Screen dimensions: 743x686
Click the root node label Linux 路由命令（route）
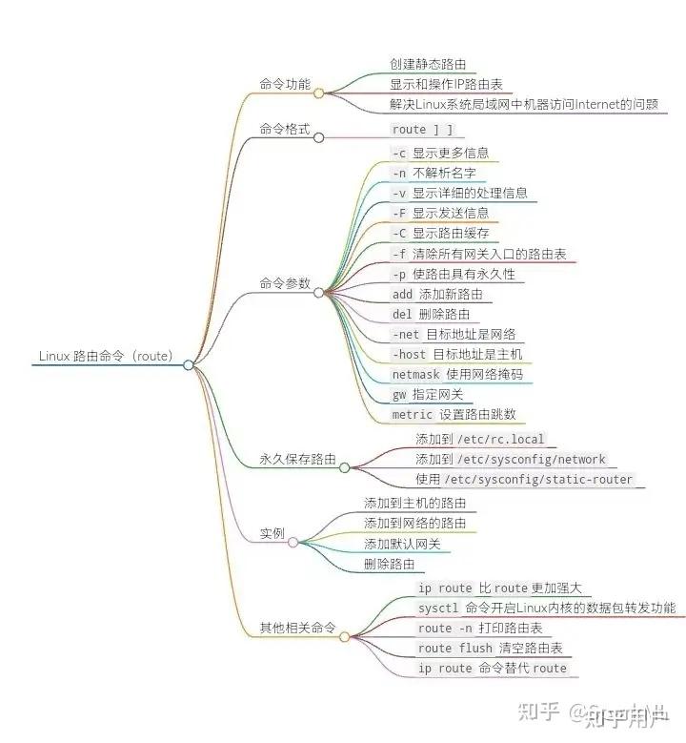point(105,356)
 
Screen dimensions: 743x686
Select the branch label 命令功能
point(284,83)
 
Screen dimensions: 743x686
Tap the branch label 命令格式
point(284,128)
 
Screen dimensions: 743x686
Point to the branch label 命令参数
point(284,283)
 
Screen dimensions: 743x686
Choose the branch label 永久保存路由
point(297,459)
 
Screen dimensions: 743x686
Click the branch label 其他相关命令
point(297,628)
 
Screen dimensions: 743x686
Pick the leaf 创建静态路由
point(427,64)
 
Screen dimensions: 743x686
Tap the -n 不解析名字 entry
point(434,173)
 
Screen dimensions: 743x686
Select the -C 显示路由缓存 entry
point(439,233)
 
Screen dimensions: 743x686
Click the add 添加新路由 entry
point(436,294)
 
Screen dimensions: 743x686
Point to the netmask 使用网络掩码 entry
point(456,374)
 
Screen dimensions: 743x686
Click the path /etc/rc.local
point(502,440)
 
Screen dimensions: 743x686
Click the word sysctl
point(438,609)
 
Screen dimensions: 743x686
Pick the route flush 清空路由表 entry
point(490,649)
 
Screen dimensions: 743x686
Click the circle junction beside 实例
point(293,543)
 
